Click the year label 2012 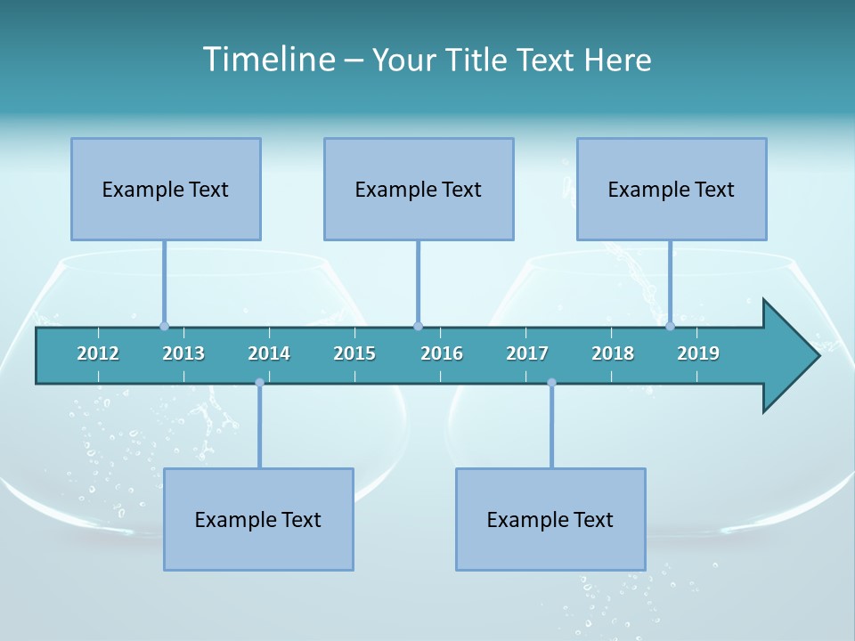tap(98, 353)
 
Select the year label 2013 tap(183, 353)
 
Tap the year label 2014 tap(269, 353)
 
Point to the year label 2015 tap(354, 353)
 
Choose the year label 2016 tap(442, 353)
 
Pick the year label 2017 tap(527, 353)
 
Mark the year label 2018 tap(613, 353)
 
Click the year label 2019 tap(698, 353)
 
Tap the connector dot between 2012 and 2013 tap(164, 326)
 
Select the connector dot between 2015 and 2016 tap(418, 326)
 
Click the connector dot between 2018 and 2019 tap(670, 326)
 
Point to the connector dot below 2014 tap(259, 383)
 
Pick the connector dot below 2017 tap(551, 383)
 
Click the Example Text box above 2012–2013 tap(166, 189)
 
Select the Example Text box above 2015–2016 tap(419, 189)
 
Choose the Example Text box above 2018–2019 tap(672, 189)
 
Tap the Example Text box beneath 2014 tap(258, 519)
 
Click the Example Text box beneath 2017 tap(550, 519)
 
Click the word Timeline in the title tap(267, 60)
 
